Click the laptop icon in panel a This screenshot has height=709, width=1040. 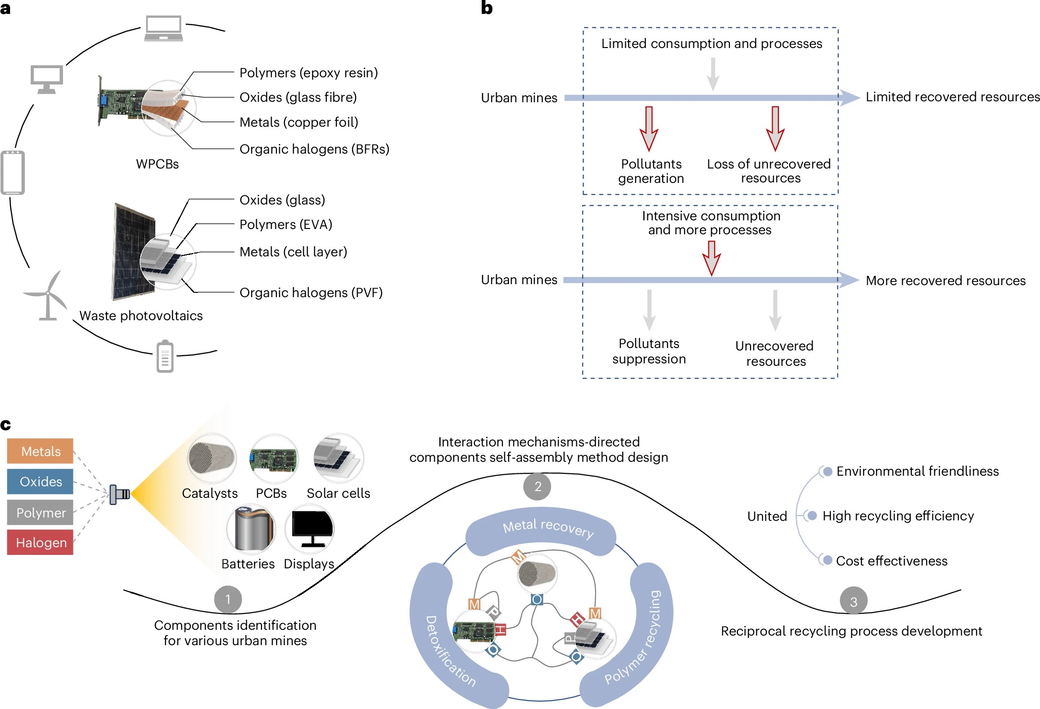(164, 28)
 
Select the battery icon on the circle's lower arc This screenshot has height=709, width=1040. (165, 357)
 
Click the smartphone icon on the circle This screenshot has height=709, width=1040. (13, 173)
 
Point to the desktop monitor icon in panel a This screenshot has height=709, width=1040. (47, 79)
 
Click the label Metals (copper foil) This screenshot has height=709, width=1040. (299, 122)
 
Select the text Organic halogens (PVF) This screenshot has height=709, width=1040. (311, 293)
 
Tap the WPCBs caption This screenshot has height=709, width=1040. (157, 164)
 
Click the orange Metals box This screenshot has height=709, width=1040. (40, 451)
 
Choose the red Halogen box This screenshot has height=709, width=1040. (40, 542)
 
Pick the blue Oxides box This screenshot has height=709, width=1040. (40, 481)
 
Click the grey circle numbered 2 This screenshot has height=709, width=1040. (537, 487)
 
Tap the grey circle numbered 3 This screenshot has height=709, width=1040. (853, 601)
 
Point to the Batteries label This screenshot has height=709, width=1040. (248, 564)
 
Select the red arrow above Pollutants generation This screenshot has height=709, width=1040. (649, 129)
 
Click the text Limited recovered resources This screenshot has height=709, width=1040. (952, 97)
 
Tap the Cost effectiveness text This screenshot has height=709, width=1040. (891, 561)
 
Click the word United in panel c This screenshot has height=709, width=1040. (767, 516)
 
